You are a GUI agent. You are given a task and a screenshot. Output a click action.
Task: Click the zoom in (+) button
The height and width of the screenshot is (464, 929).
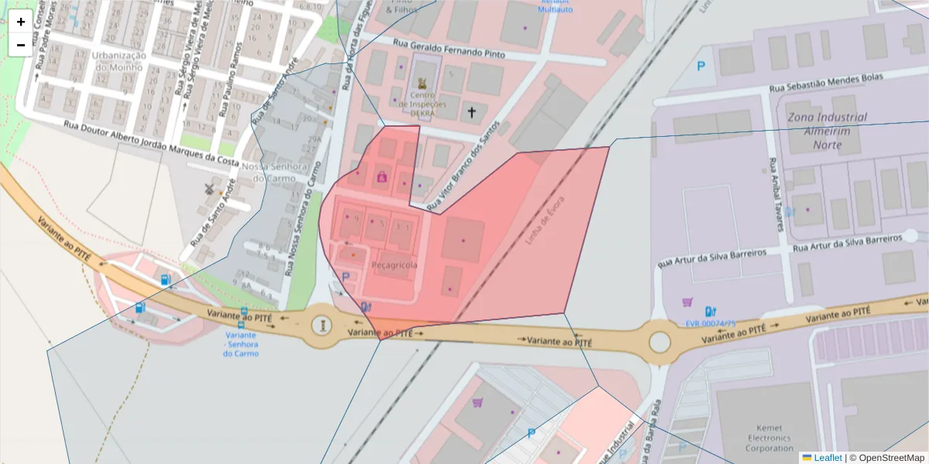(x=21, y=22)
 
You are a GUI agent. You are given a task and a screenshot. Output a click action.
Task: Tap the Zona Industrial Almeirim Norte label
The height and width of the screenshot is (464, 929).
(x=827, y=131)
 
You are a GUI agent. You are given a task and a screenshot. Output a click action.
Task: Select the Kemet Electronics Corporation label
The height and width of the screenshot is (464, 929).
(x=770, y=438)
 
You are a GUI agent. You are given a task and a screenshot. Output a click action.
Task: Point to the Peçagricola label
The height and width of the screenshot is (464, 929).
(x=395, y=265)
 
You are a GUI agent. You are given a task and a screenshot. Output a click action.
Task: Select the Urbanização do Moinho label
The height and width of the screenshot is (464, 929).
(x=118, y=61)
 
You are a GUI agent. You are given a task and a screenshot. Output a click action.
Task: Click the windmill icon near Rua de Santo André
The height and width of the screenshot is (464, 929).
(x=208, y=188)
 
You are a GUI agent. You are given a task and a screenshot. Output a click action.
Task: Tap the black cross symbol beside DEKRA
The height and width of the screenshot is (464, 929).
(x=471, y=113)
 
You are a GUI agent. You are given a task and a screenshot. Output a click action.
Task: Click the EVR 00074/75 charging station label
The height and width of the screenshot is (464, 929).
(x=711, y=323)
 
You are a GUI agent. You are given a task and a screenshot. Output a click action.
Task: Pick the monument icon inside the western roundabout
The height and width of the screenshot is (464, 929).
(x=321, y=324)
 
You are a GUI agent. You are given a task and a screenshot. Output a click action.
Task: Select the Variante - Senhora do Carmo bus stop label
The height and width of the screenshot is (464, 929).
(x=241, y=344)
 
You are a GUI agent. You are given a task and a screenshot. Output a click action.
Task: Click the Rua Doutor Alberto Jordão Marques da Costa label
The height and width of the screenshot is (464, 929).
(x=151, y=142)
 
